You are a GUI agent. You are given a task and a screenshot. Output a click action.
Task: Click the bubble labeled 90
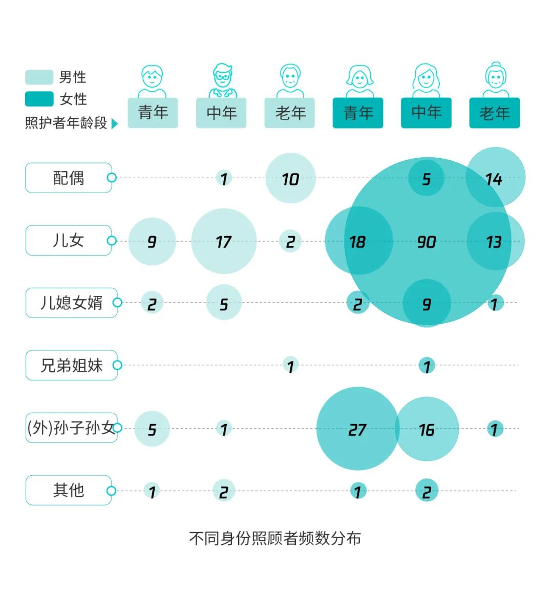pyautogui.click(x=427, y=241)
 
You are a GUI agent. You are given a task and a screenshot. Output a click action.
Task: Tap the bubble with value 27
pyautogui.click(x=357, y=429)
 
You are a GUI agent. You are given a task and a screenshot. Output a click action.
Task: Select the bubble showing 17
pyautogui.click(x=224, y=241)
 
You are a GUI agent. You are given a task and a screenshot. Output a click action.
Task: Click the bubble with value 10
pyautogui.click(x=290, y=178)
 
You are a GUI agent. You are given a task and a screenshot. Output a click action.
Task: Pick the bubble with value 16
pyautogui.click(x=427, y=429)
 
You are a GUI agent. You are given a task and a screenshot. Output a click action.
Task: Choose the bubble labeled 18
pyautogui.click(x=358, y=241)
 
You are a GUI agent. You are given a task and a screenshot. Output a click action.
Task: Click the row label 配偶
pyautogui.click(x=69, y=178)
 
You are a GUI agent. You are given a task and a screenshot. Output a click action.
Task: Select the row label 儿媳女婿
pyautogui.click(x=71, y=303)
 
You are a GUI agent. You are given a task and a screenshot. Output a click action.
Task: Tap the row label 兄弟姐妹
pyautogui.click(x=71, y=365)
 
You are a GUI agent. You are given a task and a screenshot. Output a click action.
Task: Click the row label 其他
pyautogui.click(x=69, y=490)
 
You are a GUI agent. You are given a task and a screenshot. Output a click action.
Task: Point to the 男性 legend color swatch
pyautogui.click(x=39, y=77)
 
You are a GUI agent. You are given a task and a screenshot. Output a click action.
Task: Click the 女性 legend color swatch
pyautogui.click(x=39, y=99)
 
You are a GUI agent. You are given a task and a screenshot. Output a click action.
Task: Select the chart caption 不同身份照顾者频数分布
pyautogui.click(x=275, y=538)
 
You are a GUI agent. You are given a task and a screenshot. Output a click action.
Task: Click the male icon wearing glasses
pyautogui.click(x=222, y=80)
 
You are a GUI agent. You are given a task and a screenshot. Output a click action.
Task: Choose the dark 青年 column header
pyautogui.click(x=358, y=113)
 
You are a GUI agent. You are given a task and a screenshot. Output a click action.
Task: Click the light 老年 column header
pyautogui.click(x=290, y=113)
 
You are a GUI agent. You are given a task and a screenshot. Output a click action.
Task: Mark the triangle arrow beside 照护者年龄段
pyautogui.click(x=115, y=123)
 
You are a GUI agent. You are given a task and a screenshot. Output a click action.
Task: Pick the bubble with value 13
pyautogui.click(x=495, y=241)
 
